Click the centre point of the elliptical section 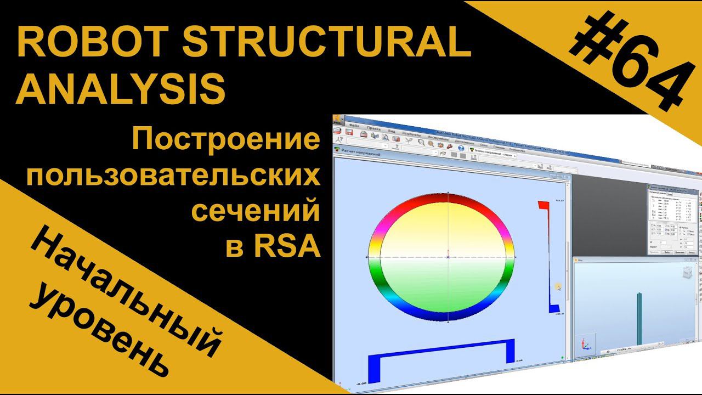pos(448,256)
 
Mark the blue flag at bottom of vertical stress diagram pos(553,308)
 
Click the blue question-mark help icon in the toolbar pos(461,148)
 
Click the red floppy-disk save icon pos(349,132)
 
